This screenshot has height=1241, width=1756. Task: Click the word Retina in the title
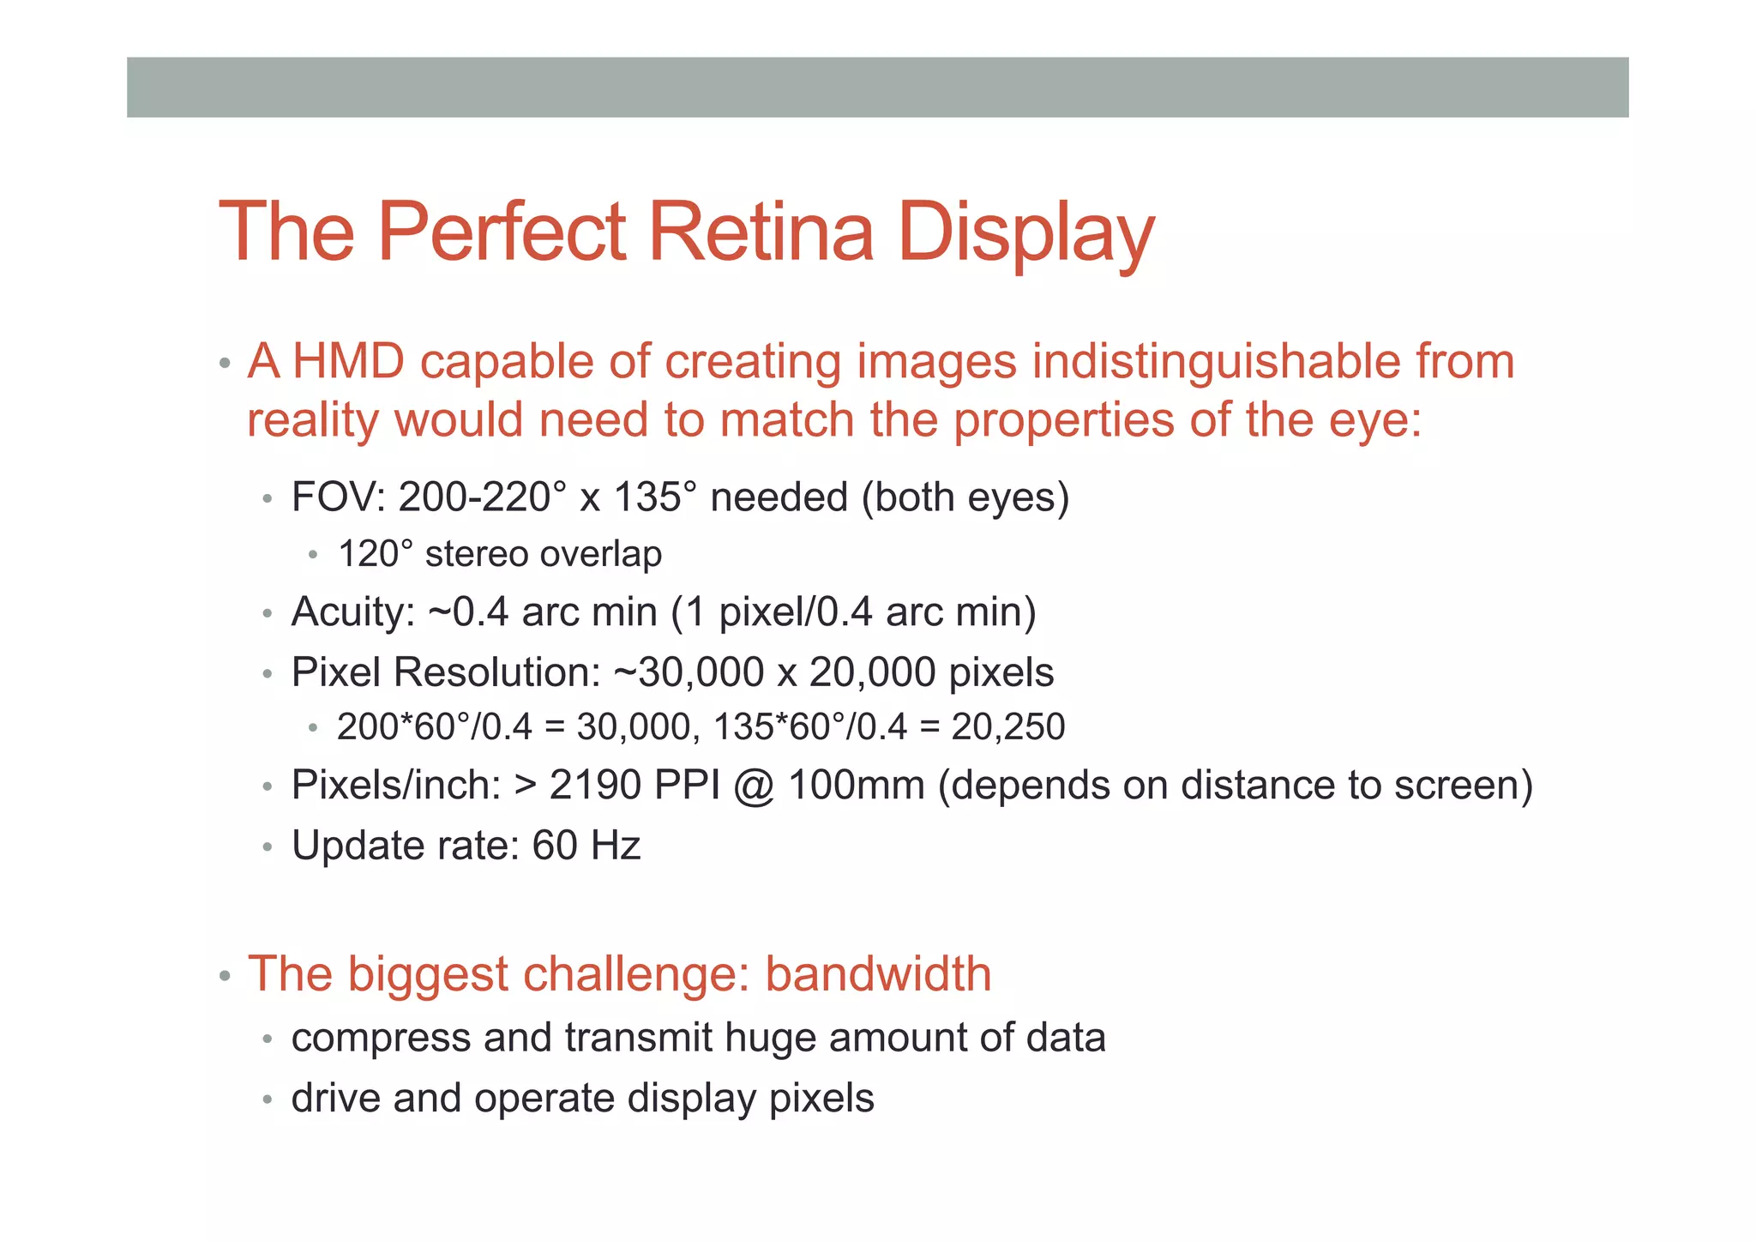point(761,232)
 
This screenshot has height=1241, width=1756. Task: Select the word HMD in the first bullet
point(348,361)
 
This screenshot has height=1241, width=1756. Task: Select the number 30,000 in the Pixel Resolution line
point(701,672)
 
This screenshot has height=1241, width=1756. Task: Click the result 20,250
point(1007,727)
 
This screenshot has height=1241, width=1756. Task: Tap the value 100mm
point(856,785)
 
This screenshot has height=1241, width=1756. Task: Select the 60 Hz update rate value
point(586,846)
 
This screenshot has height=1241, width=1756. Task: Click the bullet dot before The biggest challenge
point(225,976)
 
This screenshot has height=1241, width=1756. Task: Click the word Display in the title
point(1025,233)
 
